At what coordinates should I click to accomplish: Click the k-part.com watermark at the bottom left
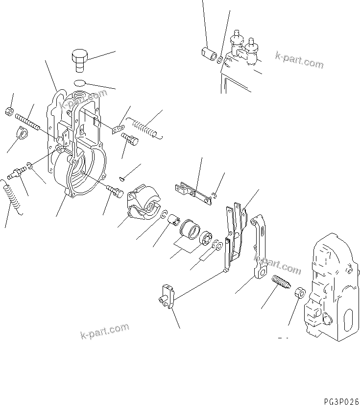(104, 331)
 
